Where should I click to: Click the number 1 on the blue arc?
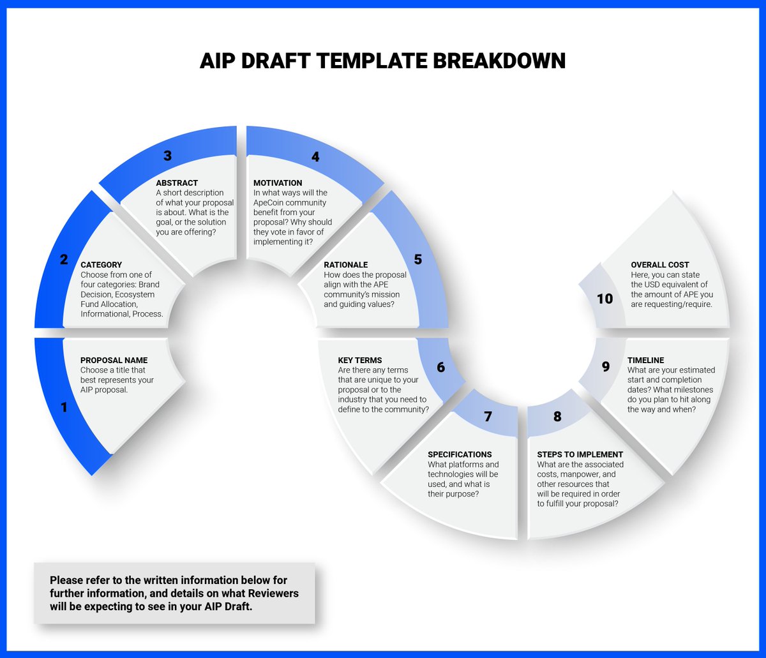pos(63,407)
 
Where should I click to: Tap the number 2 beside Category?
pos(64,259)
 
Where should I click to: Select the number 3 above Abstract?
pos(167,156)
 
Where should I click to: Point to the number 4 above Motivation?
pos(315,156)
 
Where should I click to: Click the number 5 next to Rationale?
pos(418,259)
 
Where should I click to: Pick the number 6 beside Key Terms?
pos(440,368)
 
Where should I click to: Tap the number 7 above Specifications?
pos(488,417)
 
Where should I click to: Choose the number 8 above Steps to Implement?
pos(557,417)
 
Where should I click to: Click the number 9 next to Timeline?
pos(606,367)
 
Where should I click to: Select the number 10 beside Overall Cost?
pos(605,298)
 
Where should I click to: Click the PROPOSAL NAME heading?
pos(114,361)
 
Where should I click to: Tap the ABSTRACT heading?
pos(177,183)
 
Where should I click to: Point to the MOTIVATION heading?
pos(278,183)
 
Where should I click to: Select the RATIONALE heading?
pos(346,265)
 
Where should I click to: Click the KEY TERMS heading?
pos(360,361)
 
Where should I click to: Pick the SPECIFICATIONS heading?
pos(460,454)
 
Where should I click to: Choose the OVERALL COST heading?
pos(660,265)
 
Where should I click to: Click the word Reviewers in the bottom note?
pos(274,594)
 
